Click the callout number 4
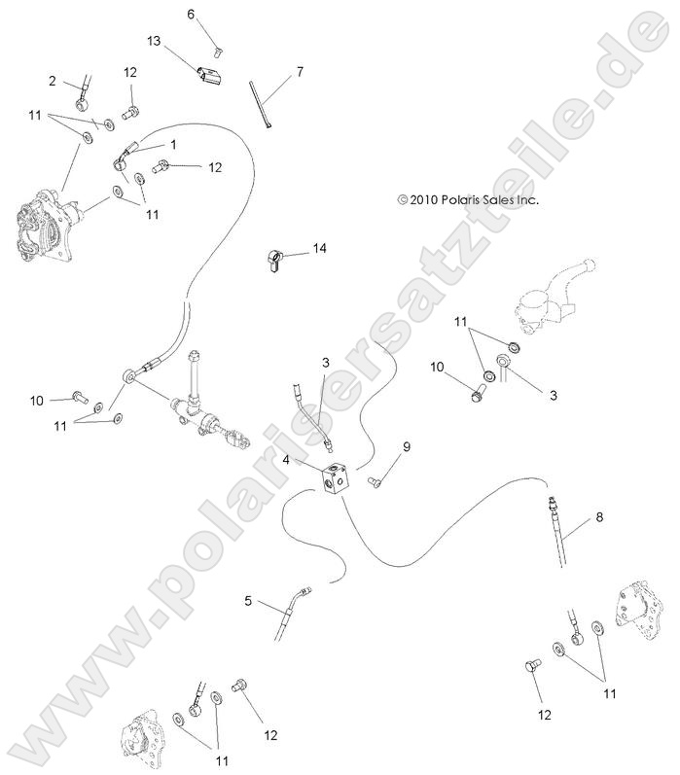pyautogui.click(x=287, y=459)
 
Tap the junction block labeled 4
pyautogui.click(x=334, y=478)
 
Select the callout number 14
pyautogui.click(x=319, y=249)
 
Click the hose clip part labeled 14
pyautogui.click(x=274, y=261)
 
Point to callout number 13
pyautogui.click(x=154, y=41)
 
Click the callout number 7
pyautogui.click(x=300, y=71)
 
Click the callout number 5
pyautogui.click(x=248, y=602)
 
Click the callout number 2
pyautogui.click(x=52, y=81)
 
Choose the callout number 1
pyautogui.click(x=173, y=143)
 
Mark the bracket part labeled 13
pyautogui.click(x=207, y=76)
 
